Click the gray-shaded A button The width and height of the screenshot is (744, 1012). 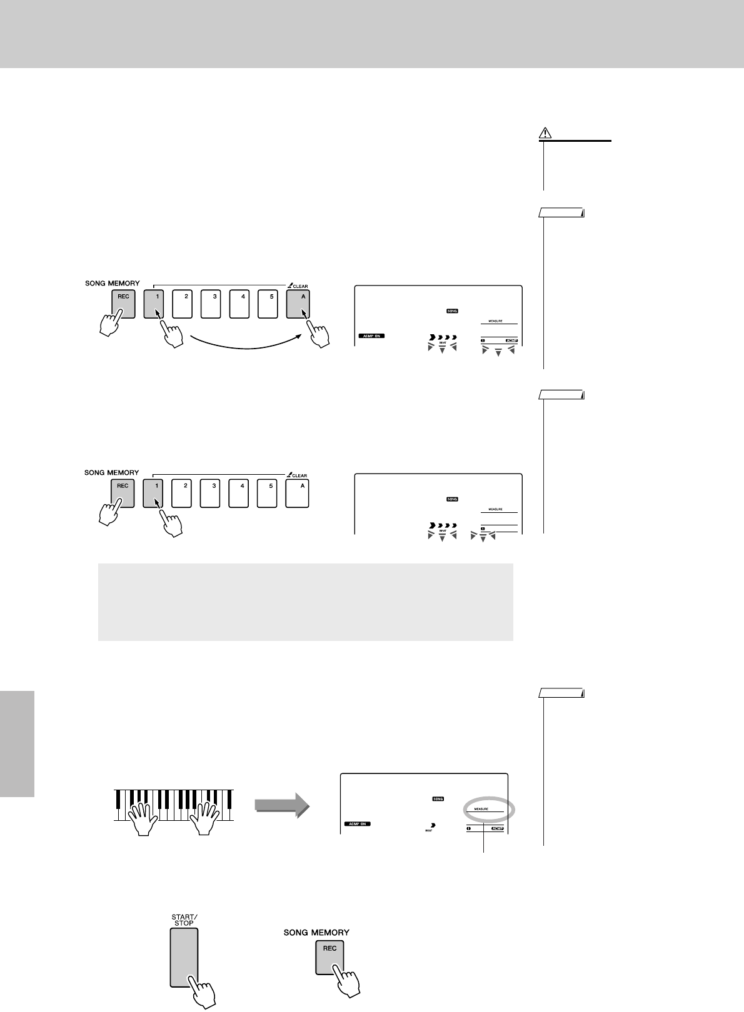pos(298,304)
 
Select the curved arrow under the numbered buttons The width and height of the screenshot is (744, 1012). pos(244,344)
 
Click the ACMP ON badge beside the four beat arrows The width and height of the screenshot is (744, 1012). pos(371,336)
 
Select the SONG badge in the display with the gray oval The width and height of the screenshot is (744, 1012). pos(437,799)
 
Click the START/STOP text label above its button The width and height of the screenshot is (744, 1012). pos(184,919)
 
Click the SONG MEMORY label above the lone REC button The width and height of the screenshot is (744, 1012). pos(316,932)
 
